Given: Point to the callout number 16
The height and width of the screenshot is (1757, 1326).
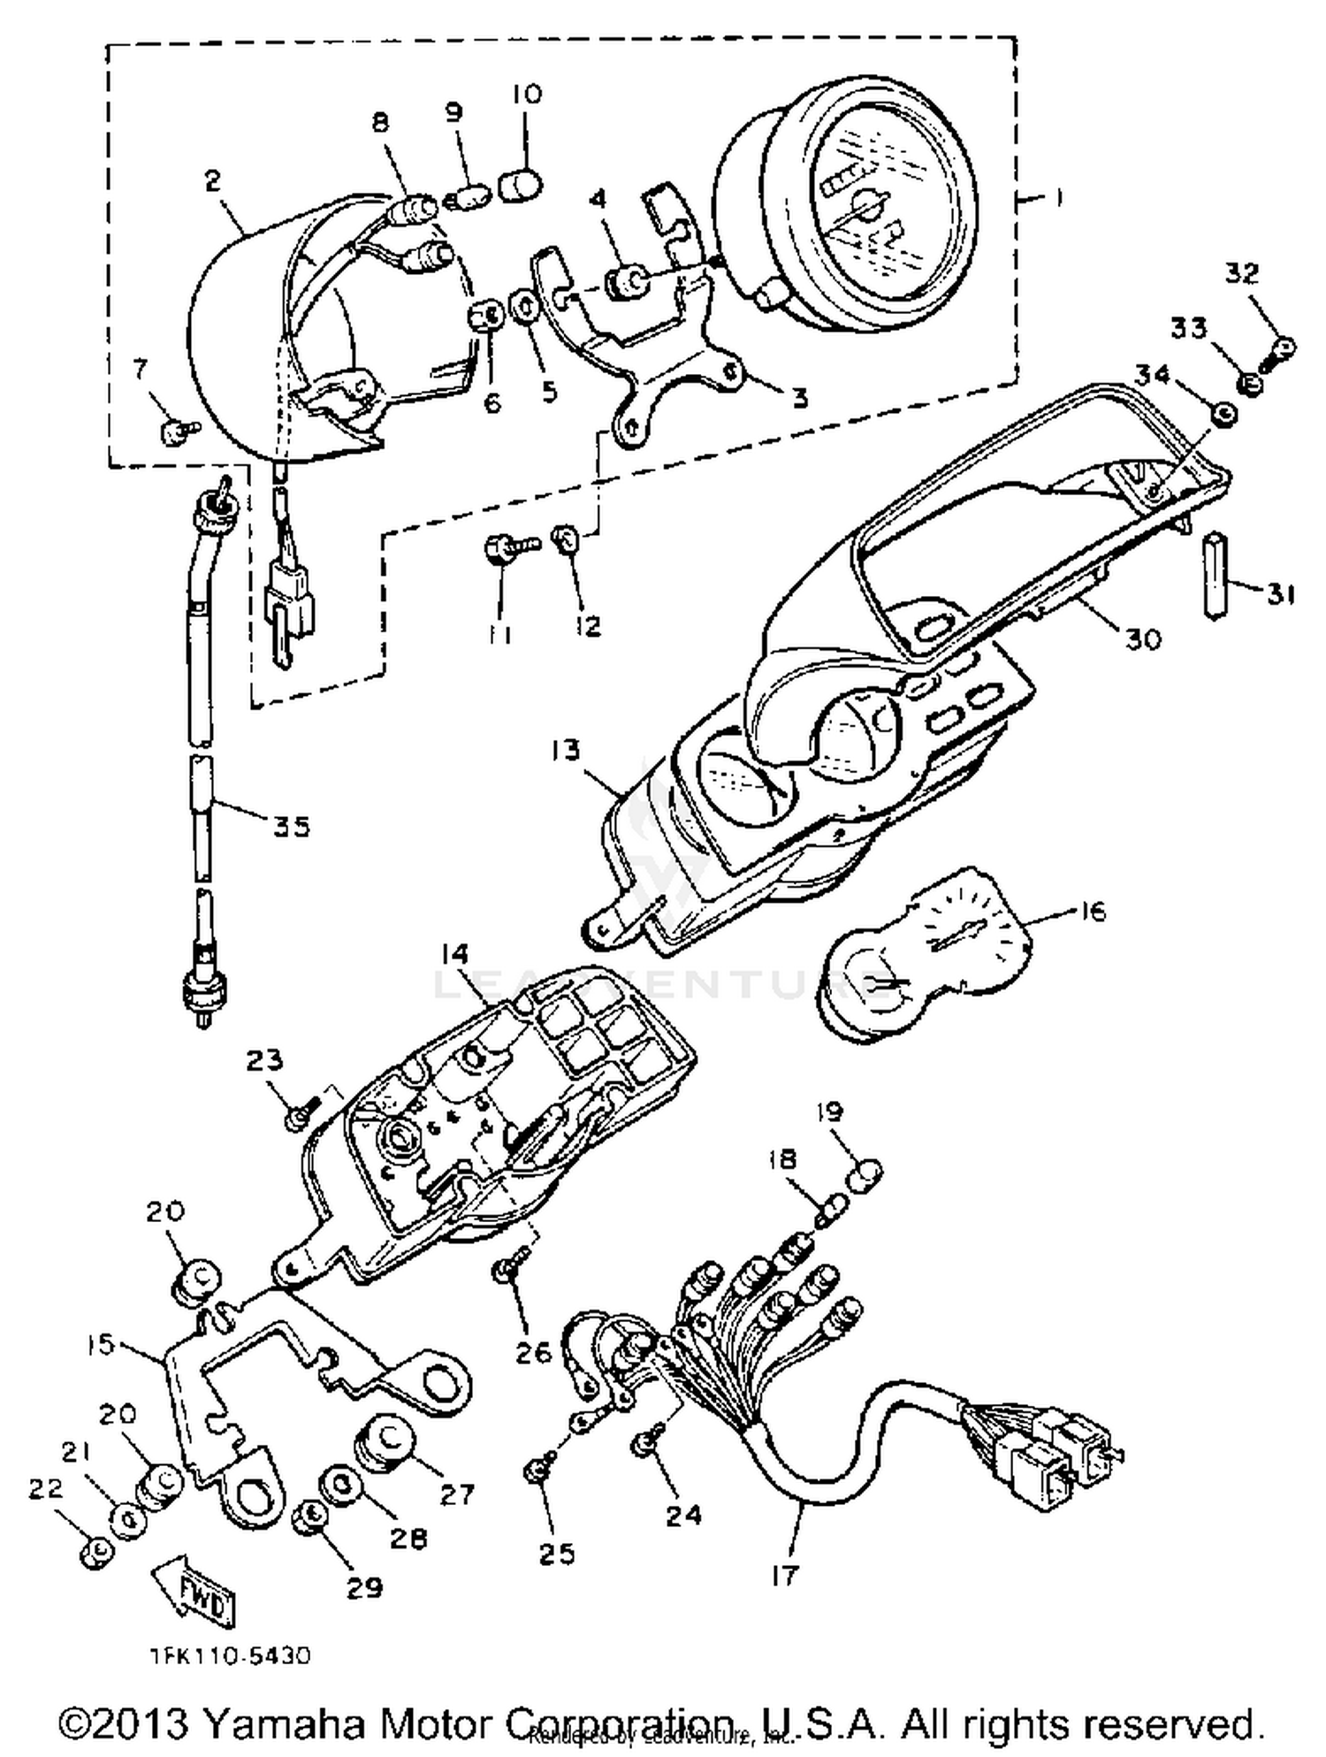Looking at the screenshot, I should [1093, 911].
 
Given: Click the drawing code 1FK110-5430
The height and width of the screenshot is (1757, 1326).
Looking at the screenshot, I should [229, 1655].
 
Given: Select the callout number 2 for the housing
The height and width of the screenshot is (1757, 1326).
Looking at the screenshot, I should [212, 180].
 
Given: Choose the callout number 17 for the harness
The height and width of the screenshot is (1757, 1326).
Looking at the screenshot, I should [785, 1575].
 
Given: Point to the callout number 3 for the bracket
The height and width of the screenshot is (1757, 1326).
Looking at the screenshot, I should [799, 398].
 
